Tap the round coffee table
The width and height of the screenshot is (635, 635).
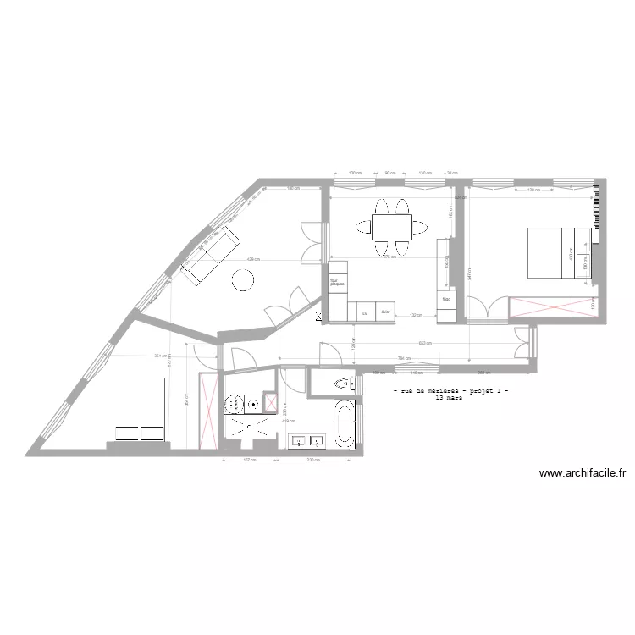click(x=244, y=279)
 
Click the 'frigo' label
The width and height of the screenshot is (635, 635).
click(x=446, y=299)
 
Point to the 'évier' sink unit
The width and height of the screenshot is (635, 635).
click(x=385, y=312)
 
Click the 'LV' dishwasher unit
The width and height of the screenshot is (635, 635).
click(x=365, y=312)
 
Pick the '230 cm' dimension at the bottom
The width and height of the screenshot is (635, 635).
click(x=312, y=461)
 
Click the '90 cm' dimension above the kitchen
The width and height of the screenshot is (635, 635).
click(x=391, y=174)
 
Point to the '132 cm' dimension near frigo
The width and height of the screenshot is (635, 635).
click(x=416, y=314)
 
